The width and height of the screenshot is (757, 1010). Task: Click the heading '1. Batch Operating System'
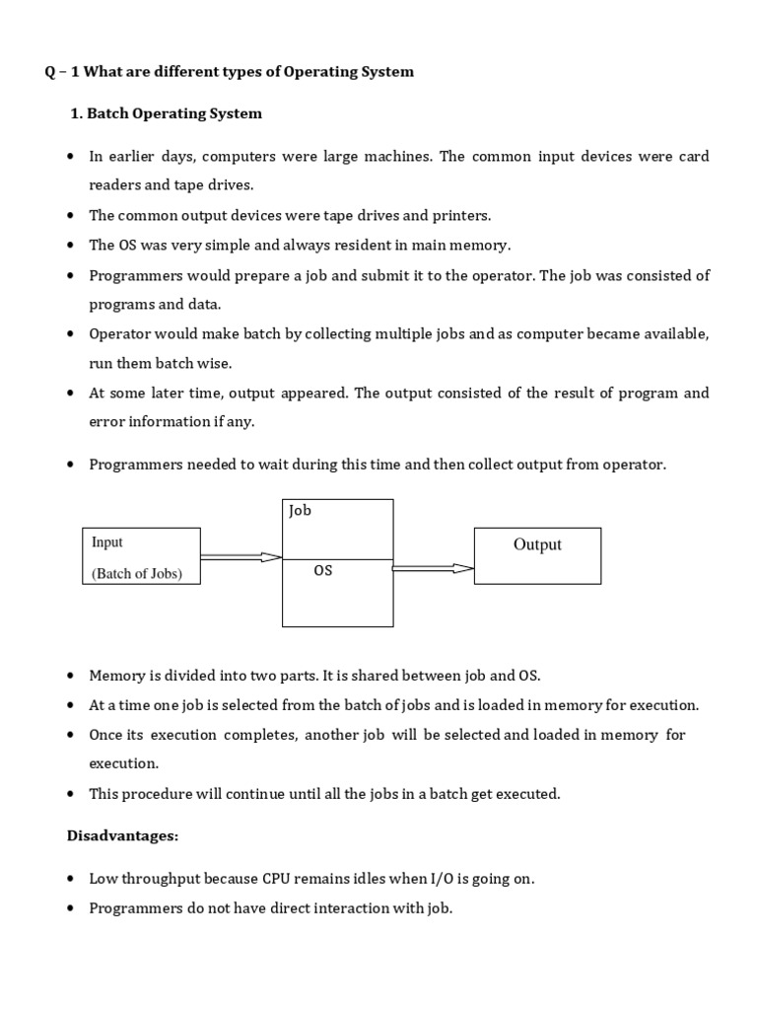pos(167,113)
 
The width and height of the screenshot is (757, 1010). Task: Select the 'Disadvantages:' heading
pos(122,835)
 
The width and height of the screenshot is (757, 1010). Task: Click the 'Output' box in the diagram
pos(537,555)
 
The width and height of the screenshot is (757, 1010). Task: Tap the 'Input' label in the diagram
pos(107,541)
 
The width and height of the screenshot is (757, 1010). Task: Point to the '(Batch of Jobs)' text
pos(137,573)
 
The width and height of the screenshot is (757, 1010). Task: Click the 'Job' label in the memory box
pos(300,511)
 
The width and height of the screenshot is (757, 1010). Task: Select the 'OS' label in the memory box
pos(323,570)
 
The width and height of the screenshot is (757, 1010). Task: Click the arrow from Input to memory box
pos(241,557)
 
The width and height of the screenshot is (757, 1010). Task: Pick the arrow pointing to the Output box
pos(434,568)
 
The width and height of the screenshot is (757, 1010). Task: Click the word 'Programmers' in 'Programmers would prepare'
pos(131,275)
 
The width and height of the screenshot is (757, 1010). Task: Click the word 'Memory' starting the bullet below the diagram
pos(116,676)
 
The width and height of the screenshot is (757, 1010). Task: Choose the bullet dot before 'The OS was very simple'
pos(71,246)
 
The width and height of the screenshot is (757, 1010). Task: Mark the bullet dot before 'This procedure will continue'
pos(71,794)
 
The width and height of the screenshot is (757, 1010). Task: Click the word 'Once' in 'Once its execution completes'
pos(106,735)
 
